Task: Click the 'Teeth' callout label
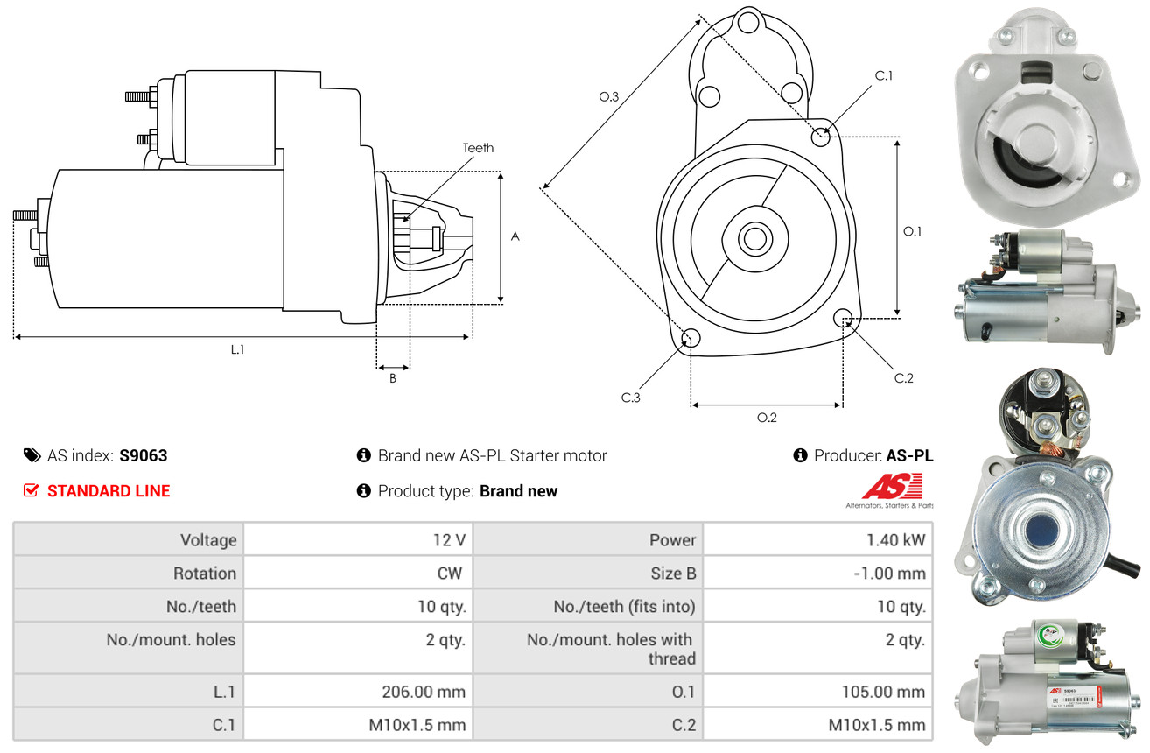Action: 478,148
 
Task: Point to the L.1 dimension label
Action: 237,349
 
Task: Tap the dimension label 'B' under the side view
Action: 393,379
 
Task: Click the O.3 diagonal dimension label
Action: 609,97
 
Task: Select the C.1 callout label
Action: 884,75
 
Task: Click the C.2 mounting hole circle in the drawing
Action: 844,318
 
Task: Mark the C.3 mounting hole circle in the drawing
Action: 691,339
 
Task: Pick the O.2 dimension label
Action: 767,418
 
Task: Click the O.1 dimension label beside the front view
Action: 912,231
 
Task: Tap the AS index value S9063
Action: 144,455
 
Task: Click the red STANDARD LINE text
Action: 109,491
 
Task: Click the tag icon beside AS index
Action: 32,455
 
